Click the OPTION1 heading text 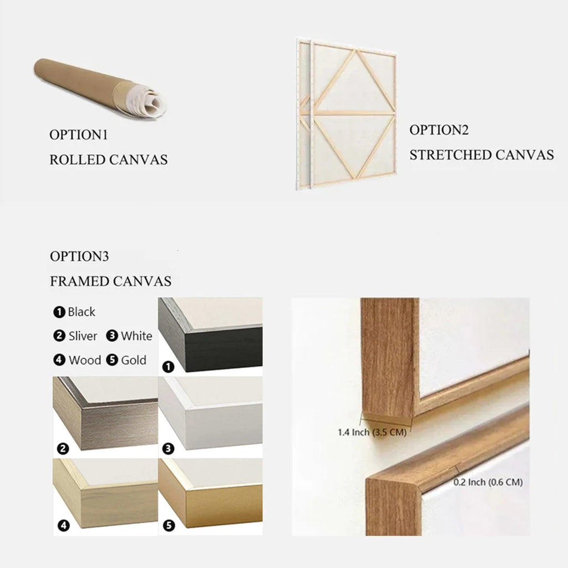(x=79, y=135)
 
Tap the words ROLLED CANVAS (x=108, y=160)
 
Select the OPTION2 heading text (x=439, y=130)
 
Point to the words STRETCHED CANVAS (x=482, y=155)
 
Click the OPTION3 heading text (x=79, y=256)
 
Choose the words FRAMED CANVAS (x=110, y=281)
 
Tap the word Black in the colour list (x=82, y=312)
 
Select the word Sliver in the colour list (x=83, y=336)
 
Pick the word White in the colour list (x=136, y=336)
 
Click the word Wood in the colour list (x=85, y=361)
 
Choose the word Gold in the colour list (x=134, y=361)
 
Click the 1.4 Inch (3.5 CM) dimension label (x=372, y=432)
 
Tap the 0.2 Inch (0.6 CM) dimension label (x=488, y=482)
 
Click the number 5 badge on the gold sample (x=169, y=526)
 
